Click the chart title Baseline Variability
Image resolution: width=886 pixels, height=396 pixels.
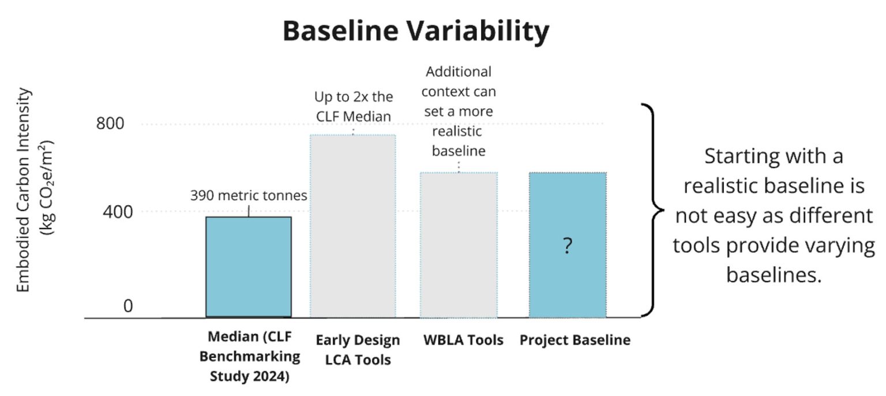(x=415, y=32)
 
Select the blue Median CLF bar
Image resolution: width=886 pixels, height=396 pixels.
(x=249, y=266)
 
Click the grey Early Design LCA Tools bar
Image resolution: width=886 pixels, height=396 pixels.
(x=352, y=226)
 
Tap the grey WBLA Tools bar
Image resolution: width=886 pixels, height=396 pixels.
(x=459, y=245)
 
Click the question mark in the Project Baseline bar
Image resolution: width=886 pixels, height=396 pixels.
(x=568, y=247)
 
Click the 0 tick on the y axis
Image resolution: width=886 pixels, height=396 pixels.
(x=127, y=306)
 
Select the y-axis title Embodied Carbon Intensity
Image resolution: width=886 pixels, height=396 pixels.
(x=24, y=190)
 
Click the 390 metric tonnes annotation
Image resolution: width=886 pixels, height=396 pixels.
(x=249, y=196)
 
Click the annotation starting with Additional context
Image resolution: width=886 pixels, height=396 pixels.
(x=459, y=111)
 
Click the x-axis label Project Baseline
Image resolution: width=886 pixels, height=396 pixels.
(x=575, y=340)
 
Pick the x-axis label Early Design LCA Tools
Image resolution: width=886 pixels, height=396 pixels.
(x=358, y=350)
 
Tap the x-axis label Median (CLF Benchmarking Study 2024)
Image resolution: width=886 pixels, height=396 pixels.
(x=250, y=357)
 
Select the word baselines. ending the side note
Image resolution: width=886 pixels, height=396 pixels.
(x=773, y=276)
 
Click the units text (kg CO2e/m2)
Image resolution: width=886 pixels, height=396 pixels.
(x=47, y=187)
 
